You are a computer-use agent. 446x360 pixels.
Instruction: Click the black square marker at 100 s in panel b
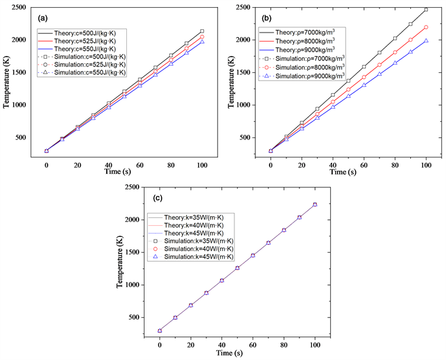click(x=426, y=9)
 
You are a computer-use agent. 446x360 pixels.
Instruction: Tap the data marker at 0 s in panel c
click(x=160, y=331)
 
